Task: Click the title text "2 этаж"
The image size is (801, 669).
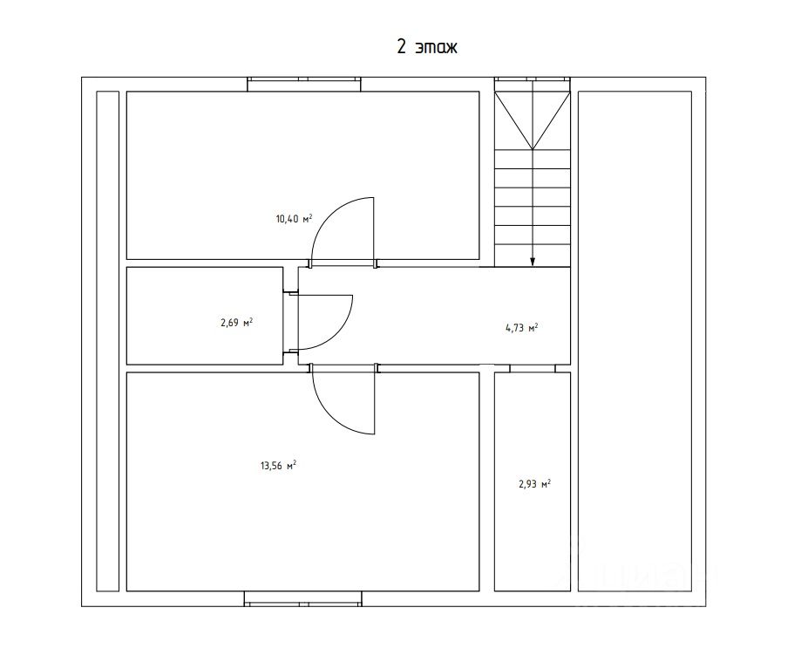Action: coord(427,46)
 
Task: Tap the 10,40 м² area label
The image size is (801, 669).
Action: coord(295,219)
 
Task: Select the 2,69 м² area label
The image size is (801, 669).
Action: coord(236,323)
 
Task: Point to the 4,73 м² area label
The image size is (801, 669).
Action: coord(521,328)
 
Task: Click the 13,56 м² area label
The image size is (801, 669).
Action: coord(278,466)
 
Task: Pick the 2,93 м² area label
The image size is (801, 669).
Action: coord(534,483)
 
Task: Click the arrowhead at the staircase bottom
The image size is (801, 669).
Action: coord(533,261)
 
